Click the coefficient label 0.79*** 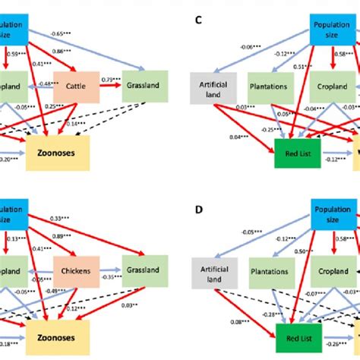112,78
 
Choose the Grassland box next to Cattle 141,86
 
